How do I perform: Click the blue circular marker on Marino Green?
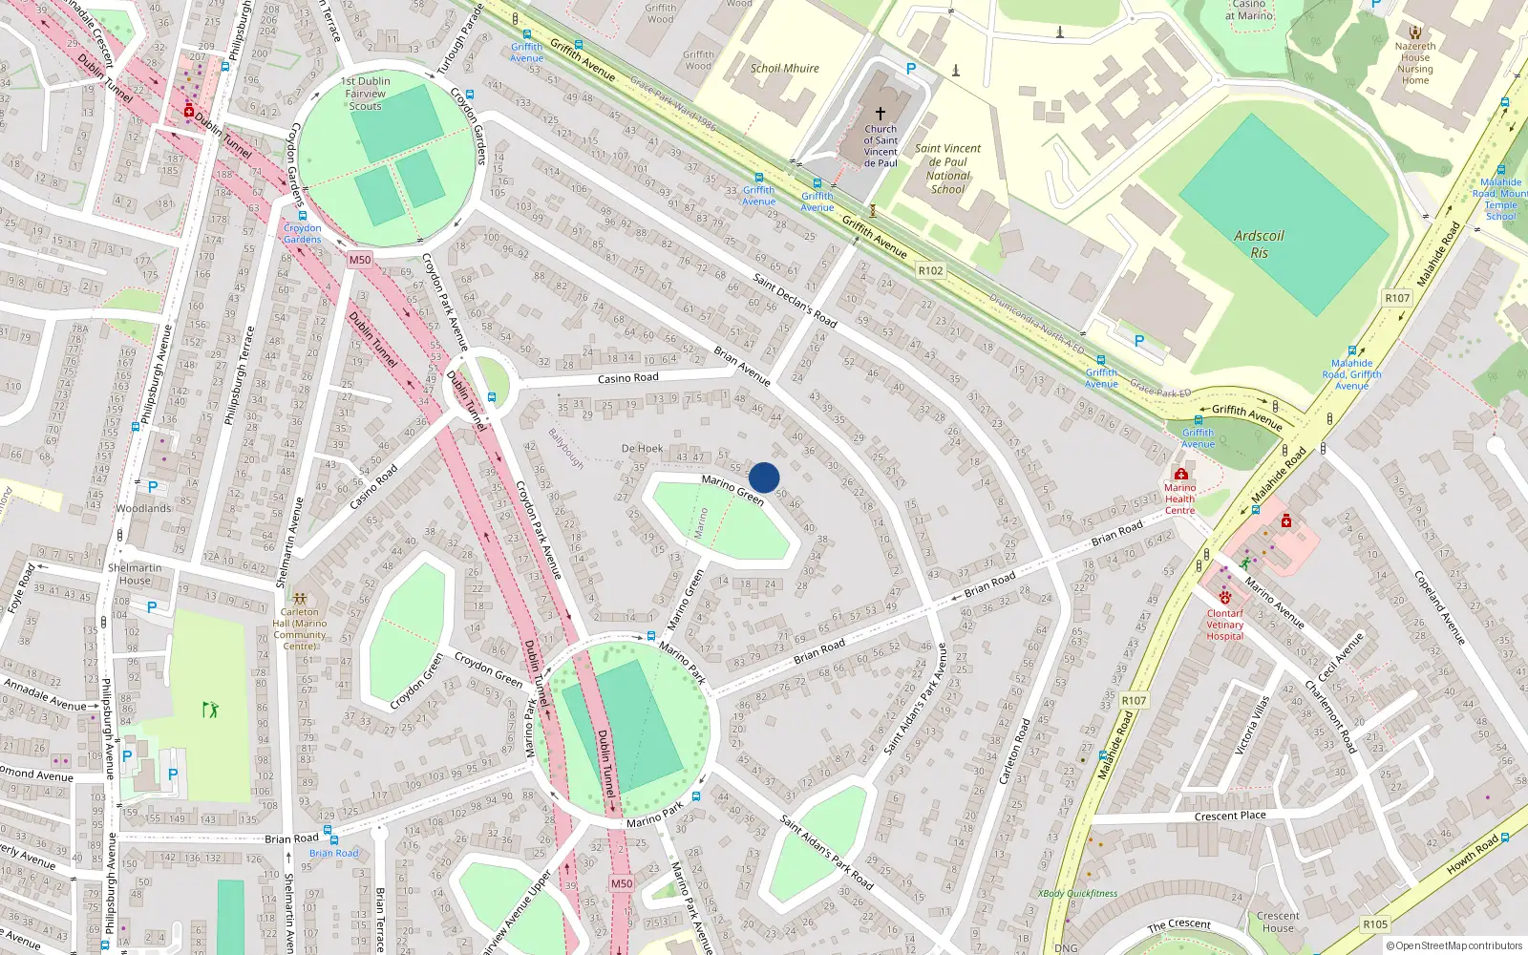click(764, 477)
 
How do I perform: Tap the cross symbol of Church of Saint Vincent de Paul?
click(881, 113)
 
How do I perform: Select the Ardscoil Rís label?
click(1259, 244)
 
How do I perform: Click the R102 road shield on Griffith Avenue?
click(930, 270)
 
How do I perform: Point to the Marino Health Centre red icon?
click(1181, 475)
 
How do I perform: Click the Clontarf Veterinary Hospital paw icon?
click(1225, 598)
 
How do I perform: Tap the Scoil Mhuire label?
click(784, 69)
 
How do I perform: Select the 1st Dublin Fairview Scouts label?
click(366, 94)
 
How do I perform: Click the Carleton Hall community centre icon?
click(300, 598)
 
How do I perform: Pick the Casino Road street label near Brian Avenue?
click(627, 378)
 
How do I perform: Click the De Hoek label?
click(642, 448)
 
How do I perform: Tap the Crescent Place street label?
click(1229, 817)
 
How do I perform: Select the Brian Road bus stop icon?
click(328, 831)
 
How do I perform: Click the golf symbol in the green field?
click(210, 709)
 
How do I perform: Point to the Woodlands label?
click(143, 508)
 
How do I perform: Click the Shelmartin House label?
click(135, 574)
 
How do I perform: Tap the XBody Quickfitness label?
click(1077, 894)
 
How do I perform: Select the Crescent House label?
click(1278, 922)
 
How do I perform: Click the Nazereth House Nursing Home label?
click(1415, 63)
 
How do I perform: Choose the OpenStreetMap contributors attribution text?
click(1454, 945)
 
